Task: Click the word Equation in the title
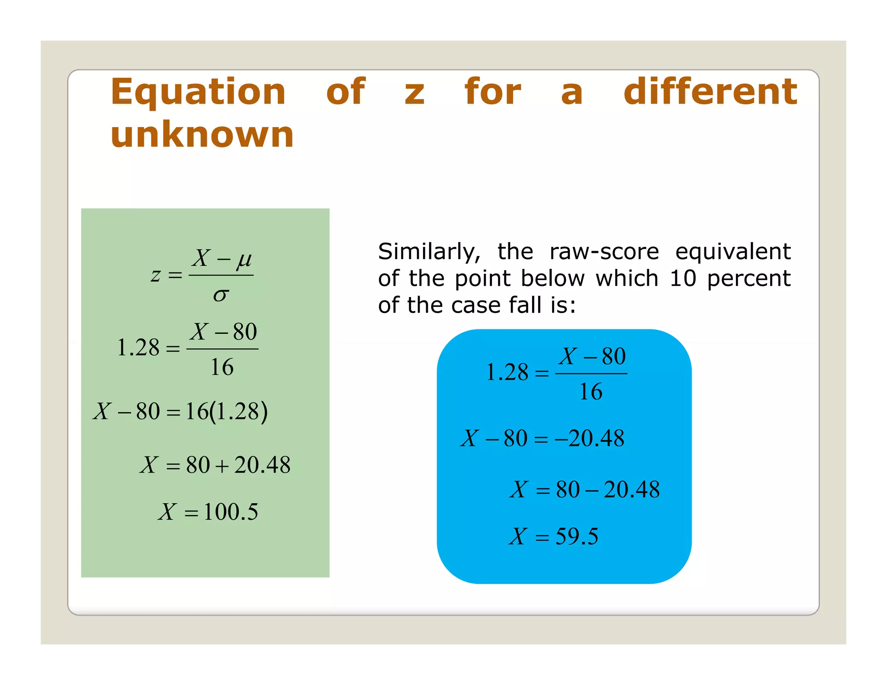pos(198,93)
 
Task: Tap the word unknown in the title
pos(202,135)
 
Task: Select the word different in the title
pos(710,92)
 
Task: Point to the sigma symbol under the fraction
pos(221,295)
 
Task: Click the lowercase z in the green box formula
pos(156,275)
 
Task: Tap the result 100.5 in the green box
pos(231,512)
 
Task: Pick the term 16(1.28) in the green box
pos(226,412)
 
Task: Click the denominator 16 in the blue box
pos(591,392)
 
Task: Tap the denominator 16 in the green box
pos(222,368)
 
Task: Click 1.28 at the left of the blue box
pos(507,373)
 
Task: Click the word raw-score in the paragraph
pos(604,252)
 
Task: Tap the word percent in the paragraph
pos(748,279)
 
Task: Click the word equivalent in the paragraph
pos(733,252)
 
